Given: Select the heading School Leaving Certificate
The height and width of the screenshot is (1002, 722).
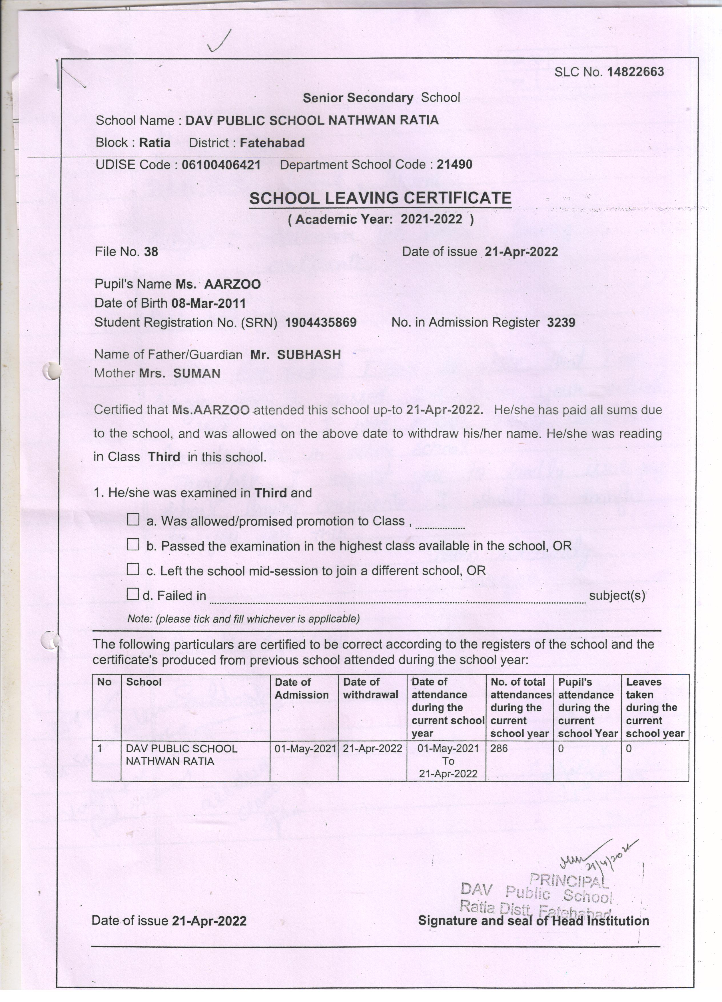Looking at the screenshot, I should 380,198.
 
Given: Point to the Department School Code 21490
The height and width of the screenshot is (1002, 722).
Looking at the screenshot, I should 454,165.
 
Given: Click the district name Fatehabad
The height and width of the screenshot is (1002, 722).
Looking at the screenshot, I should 272,143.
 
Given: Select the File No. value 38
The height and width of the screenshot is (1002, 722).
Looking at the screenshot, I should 151,252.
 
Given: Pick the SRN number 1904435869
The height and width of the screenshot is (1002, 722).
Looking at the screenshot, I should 321,323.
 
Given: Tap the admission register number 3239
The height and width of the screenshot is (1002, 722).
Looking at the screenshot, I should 561,323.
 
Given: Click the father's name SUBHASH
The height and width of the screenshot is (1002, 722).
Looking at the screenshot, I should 309,354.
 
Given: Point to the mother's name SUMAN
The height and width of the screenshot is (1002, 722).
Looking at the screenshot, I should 196,373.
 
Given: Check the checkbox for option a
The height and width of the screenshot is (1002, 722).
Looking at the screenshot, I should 133,520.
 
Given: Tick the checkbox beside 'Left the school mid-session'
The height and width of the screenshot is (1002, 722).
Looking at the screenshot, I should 133,569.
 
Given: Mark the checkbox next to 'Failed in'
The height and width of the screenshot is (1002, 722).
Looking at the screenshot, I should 133,594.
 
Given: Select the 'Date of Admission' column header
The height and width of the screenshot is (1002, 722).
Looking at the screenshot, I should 302,688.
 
